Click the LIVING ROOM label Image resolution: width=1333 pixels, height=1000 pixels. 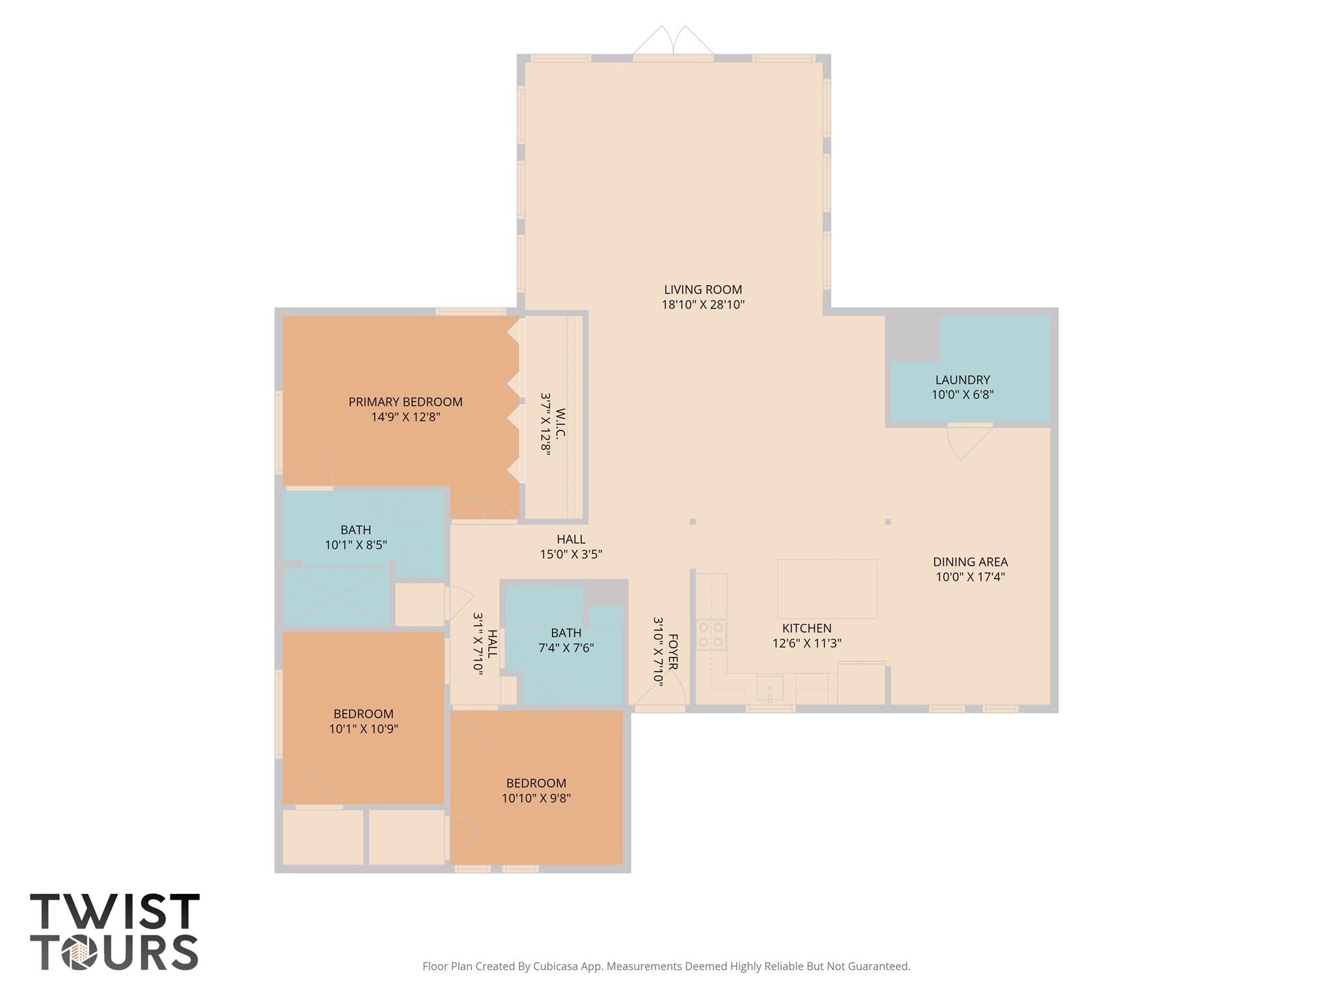coord(703,290)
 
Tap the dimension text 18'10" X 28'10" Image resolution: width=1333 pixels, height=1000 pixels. coord(703,305)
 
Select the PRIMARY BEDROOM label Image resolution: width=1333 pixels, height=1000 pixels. coord(405,402)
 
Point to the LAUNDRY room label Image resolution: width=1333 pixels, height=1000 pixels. coord(963,380)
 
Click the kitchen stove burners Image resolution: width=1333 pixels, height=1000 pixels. coord(711,635)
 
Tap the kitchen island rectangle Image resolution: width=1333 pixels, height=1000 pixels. coord(827,589)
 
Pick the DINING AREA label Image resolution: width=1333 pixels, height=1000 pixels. coord(970,562)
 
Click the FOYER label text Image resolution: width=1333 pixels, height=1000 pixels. coord(673,652)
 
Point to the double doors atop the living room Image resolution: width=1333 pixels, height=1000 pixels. coord(674,42)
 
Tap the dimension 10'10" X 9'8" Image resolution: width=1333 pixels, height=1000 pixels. coord(536,798)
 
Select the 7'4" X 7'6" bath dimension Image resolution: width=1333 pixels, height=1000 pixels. coord(566,648)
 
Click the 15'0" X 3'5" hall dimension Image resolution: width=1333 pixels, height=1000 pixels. coord(571,555)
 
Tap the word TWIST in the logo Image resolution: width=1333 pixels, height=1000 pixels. coord(115,911)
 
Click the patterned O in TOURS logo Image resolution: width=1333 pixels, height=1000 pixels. coord(79,953)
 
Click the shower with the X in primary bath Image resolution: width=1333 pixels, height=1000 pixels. coord(336,596)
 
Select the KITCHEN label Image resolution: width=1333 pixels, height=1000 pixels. coord(807,628)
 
